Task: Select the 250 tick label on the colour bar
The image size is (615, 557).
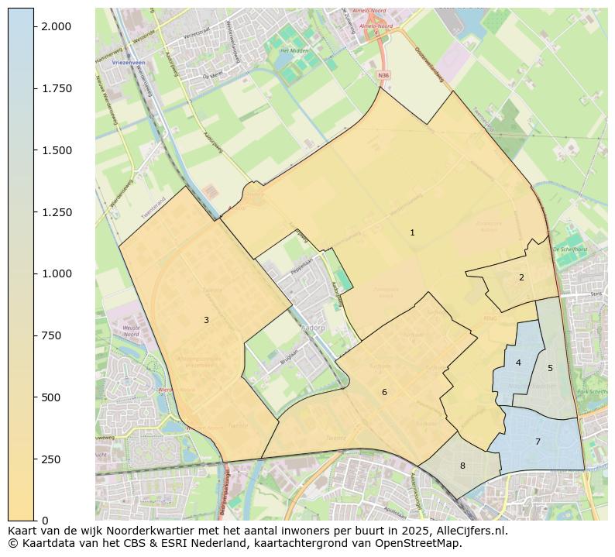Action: [51, 459]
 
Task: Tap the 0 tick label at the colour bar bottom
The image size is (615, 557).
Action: [44, 521]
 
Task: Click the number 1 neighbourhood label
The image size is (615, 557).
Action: [412, 232]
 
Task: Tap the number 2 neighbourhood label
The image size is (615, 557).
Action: [521, 277]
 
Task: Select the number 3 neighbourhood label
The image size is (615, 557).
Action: [206, 320]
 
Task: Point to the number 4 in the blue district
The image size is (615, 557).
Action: [518, 363]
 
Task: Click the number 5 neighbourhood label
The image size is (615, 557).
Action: [550, 368]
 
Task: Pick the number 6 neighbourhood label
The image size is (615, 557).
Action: [384, 392]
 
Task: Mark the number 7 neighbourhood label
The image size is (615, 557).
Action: [538, 442]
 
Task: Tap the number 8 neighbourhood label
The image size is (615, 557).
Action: [462, 466]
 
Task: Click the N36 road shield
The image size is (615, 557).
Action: [383, 75]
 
